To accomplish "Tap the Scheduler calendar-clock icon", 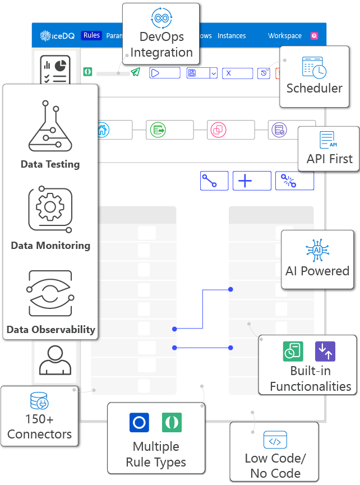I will coord(314,67).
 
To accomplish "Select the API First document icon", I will coord(329,140).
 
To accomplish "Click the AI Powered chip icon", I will coord(317,250).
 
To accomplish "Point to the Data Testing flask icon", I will coord(50,127).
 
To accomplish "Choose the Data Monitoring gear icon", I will coord(50,210).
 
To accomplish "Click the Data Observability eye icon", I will coord(50,294).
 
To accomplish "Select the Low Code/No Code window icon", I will coord(275,441).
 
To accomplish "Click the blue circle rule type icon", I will coord(139,422).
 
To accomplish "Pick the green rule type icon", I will coord(172,422).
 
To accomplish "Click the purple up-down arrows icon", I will coord(325,351).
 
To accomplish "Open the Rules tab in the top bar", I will coord(91,35).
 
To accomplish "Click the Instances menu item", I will coord(232,36).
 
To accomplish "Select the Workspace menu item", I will coord(285,36).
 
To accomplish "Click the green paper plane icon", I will coord(135,72).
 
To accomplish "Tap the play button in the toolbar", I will coord(164,73).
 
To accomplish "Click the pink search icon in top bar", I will coord(314,36).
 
